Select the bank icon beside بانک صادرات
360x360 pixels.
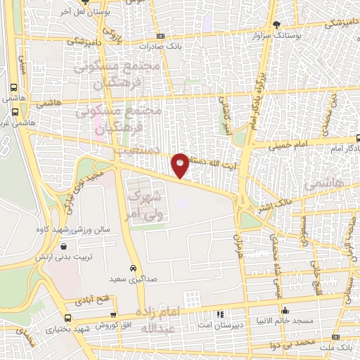pos(161,36)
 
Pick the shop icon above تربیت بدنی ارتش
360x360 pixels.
pos(64,247)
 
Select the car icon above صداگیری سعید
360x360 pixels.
pos(133,268)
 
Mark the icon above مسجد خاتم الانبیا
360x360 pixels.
pos(284,311)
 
